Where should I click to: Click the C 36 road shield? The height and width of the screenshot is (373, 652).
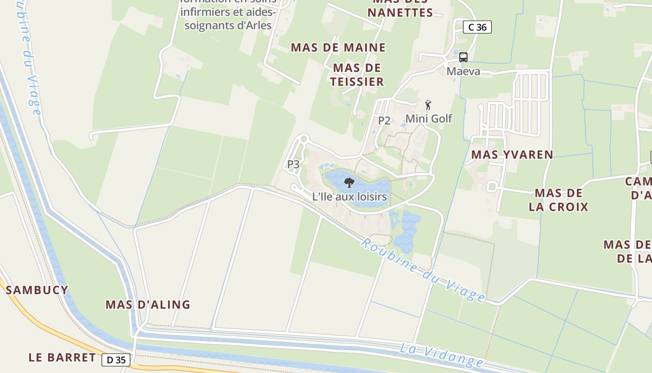click(x=477, y=27)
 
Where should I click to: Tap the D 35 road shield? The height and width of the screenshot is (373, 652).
click(x=116, y=359)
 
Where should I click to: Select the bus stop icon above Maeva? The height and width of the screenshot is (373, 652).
click(x=463, y=57)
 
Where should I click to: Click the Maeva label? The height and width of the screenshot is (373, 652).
click(x=463, y=71)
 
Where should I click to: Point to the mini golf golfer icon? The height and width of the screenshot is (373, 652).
click(x=428, y=105)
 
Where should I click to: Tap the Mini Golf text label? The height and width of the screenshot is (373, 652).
click(x=428, y=118)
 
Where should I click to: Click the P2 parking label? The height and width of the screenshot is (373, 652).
click(x=384, y=120)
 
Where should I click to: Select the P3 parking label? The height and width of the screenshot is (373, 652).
click(x=293, y=164)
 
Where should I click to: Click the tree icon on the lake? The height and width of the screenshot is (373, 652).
click(x=349, y=182)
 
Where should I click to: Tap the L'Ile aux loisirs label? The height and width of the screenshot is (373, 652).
click(x=349, y=197)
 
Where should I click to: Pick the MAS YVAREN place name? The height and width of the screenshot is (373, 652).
click(x=512, y=154)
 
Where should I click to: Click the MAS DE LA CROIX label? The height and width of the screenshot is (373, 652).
click(x=558, y=200)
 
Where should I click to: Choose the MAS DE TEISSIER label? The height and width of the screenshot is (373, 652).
click(x=357, y=75)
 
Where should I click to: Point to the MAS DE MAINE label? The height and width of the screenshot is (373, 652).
click(x=338, y=48)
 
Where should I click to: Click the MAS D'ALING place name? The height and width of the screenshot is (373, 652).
click(x=148, y=304)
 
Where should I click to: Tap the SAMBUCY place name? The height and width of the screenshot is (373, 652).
click(x=37, y=290)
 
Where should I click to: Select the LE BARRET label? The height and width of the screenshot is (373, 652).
click(x=62, y=358)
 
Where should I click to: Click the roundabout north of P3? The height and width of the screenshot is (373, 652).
click(x=304, y=138)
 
